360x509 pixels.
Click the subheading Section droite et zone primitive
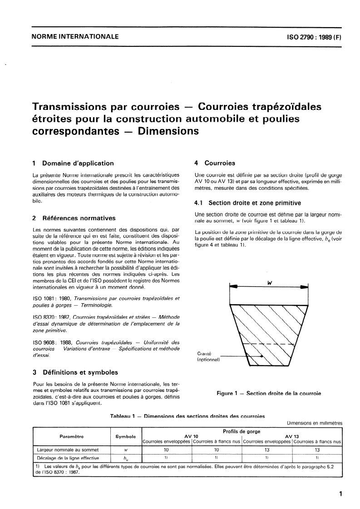click(x=247, y=203)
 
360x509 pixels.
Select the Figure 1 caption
click(x=269, y=393)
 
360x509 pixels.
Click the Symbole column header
click(x=126, y=436)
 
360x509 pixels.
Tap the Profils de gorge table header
click(x=242, y=431)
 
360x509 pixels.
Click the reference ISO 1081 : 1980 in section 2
click(x=52, y=298)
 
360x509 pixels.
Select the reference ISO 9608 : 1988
click(x=52, y=342)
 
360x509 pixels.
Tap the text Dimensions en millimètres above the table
click(x=314, y=423)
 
